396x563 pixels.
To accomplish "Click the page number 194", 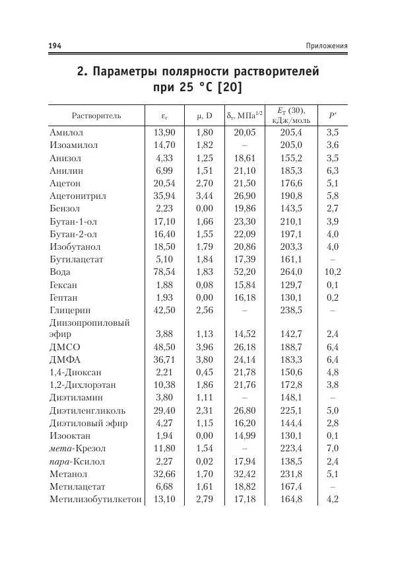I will coord(55,46).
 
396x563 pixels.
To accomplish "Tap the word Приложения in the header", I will coord(327,46).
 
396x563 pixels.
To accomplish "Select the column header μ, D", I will coord(205,115).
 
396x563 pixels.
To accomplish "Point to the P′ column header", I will coord(333,115).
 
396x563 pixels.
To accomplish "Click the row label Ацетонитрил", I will coord(78,196).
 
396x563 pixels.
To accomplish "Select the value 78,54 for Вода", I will coord(164,272).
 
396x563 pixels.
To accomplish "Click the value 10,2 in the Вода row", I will coord(333,272).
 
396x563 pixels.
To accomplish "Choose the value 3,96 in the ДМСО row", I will coord(205,347).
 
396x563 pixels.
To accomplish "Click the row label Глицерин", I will coord(70,310).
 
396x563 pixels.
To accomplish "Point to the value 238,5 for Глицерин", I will coord(290,310).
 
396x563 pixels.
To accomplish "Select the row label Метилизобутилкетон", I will coord(96,499).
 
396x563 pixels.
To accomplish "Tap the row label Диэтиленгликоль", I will coord(87,410).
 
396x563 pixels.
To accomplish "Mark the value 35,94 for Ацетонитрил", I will coord(164,196).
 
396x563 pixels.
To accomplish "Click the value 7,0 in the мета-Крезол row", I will coord(333,449).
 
